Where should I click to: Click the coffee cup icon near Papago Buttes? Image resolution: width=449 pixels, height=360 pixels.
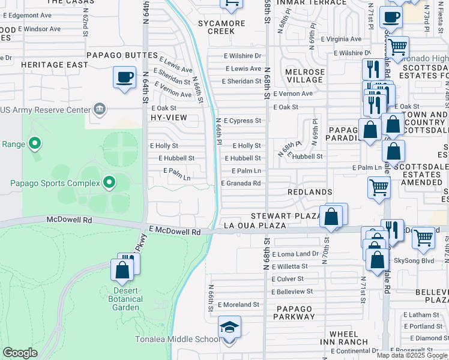click(124, 77)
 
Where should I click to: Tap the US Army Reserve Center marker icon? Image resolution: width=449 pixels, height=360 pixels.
click(99, 109)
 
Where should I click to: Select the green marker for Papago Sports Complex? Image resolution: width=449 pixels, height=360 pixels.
click(109, 181)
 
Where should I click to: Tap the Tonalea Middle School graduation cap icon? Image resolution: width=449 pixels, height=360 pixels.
click(229, 328)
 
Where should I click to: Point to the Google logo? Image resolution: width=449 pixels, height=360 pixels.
click(20, 353)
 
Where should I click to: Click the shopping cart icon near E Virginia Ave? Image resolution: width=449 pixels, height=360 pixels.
click(398, 46)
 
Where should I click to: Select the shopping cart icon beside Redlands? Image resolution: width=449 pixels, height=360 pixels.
click(379, 187)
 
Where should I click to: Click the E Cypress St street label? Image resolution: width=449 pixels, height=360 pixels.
click(242, 121)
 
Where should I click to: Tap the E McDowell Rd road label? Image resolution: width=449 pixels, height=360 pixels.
click(174, 231)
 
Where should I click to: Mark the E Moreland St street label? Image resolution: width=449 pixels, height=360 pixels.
click(238, 305)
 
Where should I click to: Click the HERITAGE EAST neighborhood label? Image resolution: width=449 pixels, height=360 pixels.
click(50, 64)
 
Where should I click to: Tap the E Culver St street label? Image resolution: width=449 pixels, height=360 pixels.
click(288, 279)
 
